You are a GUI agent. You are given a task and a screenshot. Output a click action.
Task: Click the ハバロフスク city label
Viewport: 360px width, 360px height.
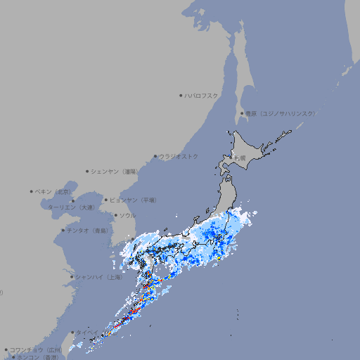point(202,96)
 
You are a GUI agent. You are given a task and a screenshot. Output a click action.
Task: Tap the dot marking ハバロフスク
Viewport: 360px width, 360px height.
point(181,96)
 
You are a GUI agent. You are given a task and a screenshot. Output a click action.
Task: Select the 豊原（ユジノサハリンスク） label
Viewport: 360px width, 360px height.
point(280,113)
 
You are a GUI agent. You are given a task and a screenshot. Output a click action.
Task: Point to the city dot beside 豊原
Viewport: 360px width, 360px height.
point(242,113)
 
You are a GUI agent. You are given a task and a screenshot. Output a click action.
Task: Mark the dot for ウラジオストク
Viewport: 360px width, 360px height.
point(155,156)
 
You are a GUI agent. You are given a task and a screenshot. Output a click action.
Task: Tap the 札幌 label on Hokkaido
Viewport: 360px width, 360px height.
point(240,158)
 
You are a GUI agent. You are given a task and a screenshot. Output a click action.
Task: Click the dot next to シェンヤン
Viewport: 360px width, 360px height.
point(87,171)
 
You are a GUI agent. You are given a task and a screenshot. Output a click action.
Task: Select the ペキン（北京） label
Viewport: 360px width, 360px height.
point(54,191)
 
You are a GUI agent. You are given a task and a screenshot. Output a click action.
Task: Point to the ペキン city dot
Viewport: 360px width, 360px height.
point(32,191)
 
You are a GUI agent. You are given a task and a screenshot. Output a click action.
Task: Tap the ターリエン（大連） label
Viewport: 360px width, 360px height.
point(70,207)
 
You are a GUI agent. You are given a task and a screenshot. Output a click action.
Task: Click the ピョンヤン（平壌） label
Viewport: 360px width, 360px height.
point(133,200)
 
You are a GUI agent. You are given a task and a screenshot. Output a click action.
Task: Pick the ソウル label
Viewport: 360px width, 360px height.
point(127,215)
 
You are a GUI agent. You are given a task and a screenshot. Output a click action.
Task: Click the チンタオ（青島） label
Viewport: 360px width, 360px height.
point(88,230)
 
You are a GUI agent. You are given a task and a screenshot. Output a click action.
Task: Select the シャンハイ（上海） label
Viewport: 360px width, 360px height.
point(98,277)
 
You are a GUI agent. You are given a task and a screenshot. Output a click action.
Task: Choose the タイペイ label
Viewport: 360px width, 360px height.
point(88,333)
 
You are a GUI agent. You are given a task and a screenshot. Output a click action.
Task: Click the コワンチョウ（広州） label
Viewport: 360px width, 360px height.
point(35,349)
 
